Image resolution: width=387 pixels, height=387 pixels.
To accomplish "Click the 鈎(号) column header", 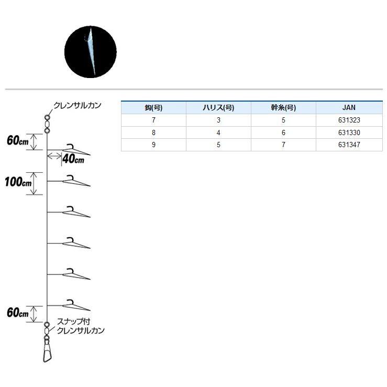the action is click(153, 107).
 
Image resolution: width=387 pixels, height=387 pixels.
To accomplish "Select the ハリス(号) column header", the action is click(218, 107).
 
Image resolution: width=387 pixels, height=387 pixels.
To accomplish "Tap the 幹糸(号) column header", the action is click(283, 107).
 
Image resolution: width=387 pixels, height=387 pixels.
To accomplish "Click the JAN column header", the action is click(349, 107).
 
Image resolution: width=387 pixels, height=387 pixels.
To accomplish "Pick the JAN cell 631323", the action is click(349, 120).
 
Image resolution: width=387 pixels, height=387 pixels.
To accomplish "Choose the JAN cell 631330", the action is click(349, 132).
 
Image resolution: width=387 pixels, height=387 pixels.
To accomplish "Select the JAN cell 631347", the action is click(349, 145).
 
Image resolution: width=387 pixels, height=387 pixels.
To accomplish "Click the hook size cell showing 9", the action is click(153, 145).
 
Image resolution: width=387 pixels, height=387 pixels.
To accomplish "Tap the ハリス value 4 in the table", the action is click(218, 132).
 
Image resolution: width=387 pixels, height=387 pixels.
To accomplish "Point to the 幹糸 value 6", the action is click(283, 132).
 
